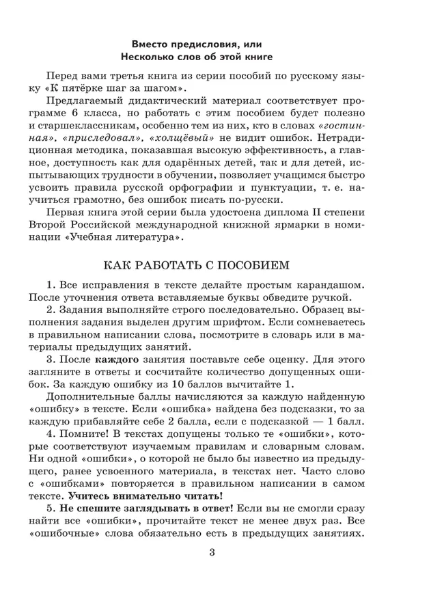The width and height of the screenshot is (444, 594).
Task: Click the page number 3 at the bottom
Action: tap(211, 554)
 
